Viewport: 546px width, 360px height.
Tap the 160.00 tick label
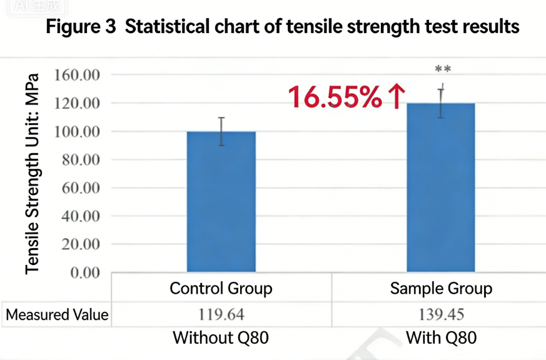78,75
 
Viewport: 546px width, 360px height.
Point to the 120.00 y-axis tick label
78,103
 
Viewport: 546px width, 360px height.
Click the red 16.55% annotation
335,97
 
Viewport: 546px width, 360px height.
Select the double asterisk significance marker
443,69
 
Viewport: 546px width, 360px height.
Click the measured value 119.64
221,314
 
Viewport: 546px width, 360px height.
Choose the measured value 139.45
441,314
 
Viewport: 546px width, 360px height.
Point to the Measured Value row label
57,315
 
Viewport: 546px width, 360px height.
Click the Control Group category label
221,289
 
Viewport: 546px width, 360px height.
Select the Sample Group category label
441,289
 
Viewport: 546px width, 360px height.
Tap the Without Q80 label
221,338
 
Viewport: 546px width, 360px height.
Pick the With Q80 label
441,338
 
